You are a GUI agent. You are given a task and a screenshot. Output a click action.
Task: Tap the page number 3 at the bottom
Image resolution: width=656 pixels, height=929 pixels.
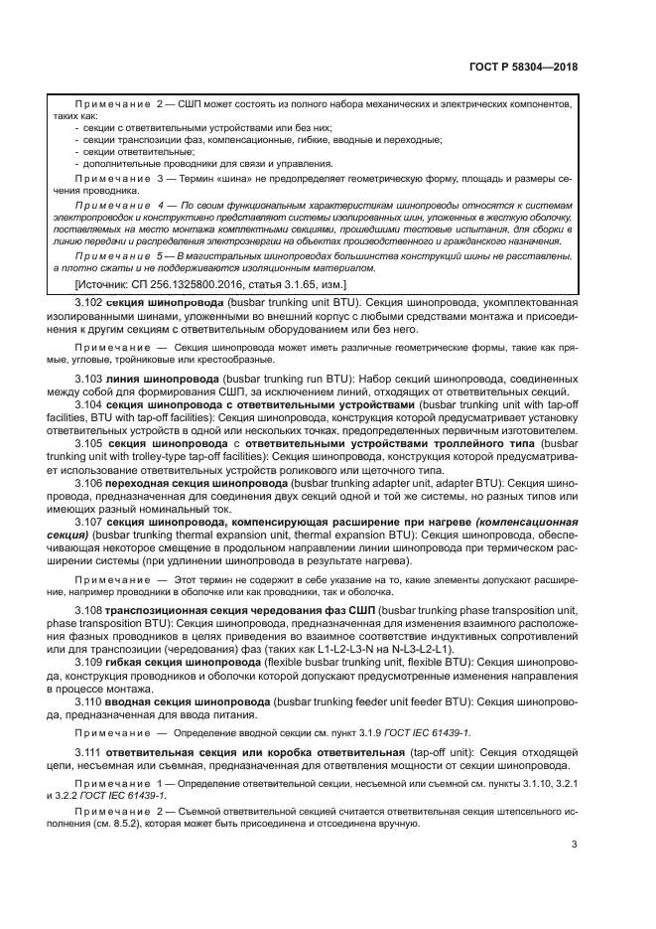click(576, 846)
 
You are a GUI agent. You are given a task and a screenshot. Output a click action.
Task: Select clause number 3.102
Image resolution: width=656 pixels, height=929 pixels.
click(89, 300)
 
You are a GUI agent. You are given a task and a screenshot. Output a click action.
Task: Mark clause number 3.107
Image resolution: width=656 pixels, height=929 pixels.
click(89, 522)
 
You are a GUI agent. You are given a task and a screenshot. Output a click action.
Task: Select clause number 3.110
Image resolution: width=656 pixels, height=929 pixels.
click(89, 699)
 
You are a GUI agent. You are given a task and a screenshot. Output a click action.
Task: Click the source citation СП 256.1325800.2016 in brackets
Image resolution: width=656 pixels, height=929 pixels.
click(164, 285)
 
